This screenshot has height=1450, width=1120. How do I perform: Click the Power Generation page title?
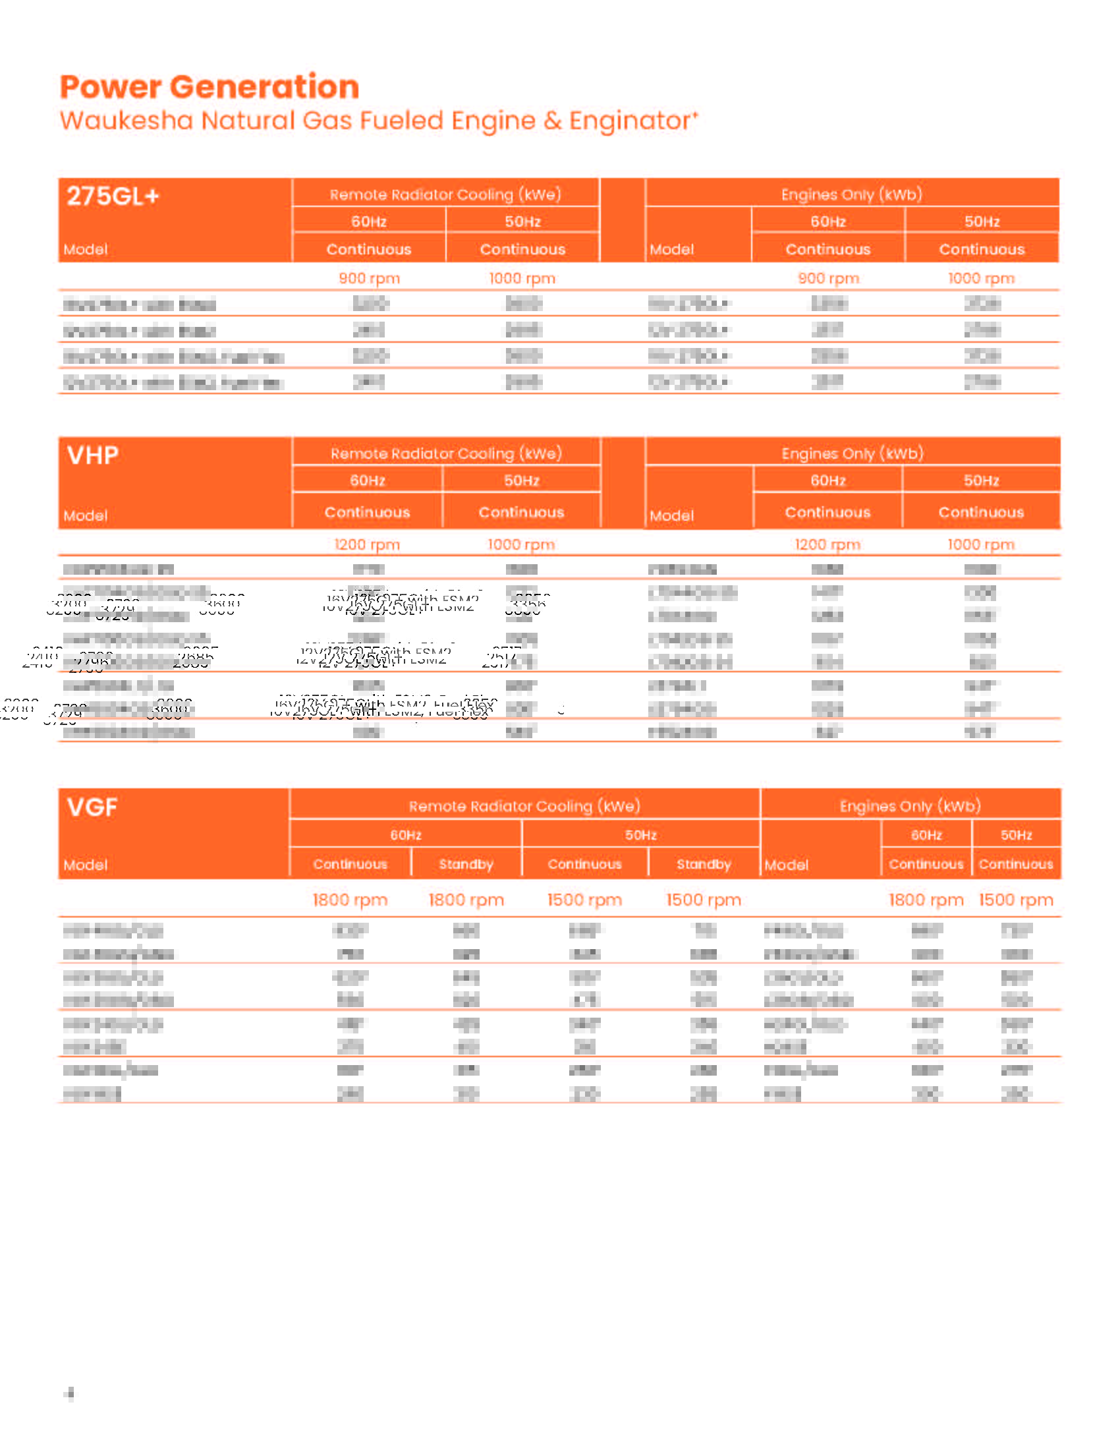[x=209, y=87]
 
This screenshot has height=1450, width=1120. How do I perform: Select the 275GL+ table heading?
[x=113, y=196]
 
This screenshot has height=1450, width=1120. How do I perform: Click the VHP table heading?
[x=92, y=455]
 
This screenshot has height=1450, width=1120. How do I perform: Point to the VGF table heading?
[x=92, y=807]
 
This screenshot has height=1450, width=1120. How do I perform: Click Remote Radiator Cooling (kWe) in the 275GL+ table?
[x=445, y=194]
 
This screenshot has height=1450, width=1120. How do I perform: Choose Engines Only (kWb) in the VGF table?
[x=910, y=806]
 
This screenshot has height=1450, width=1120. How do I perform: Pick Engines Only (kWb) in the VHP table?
[x=852, y=453]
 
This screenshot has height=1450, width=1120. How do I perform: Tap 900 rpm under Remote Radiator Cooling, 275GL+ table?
[x=369, y=278]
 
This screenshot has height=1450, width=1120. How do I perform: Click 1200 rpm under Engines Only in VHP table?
[x=827, y=544]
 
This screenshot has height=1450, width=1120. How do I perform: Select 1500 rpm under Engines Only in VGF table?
[x=1015, y=900]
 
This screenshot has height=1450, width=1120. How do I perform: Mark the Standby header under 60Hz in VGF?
[x=466, y=864]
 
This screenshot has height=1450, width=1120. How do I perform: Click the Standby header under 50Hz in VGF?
[x=704, y=864]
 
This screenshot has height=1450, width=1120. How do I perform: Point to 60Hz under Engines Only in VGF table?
[x=926, y=834]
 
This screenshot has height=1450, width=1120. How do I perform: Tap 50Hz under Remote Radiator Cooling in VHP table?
[x=521, y=480]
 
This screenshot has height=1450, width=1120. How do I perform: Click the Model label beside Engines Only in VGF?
[x=785, y=865]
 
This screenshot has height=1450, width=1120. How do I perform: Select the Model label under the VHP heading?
[x=85, y=515]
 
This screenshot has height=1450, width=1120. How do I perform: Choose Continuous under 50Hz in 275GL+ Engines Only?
[x=982, y=250]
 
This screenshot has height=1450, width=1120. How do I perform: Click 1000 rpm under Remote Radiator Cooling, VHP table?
[x=521, y=544]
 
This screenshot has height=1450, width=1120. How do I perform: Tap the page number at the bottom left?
[x=70, y=1393]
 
